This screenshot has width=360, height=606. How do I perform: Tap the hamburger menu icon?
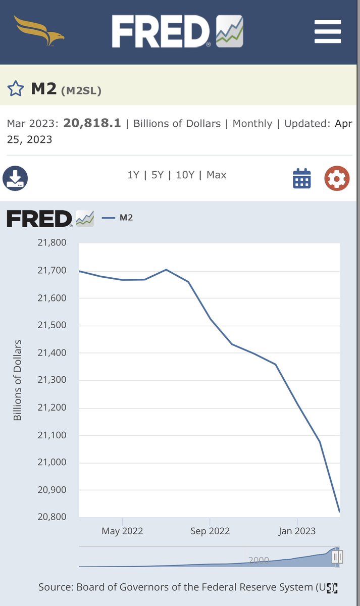328,31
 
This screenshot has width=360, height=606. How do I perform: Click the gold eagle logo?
39,31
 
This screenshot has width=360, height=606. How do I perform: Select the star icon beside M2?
16,88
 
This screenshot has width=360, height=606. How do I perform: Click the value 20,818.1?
92,123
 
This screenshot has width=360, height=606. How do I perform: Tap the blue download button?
15,178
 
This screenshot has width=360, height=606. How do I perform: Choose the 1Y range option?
133,175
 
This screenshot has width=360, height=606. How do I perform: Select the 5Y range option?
158,175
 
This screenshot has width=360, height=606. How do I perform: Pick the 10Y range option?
185,175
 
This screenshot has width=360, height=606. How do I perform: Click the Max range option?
217,175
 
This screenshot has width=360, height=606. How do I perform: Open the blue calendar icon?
302,178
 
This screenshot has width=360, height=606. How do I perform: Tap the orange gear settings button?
337,178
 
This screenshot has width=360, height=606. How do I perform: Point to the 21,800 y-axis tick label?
52,242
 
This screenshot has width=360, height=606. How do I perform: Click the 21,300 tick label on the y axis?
52,380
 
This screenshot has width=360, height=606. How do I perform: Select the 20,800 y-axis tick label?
52,517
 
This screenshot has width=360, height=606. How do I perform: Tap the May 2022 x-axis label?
122,531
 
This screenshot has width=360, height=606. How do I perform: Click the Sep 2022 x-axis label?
210,531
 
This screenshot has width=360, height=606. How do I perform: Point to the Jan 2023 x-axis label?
297,531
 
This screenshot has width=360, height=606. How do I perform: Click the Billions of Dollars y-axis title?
17,380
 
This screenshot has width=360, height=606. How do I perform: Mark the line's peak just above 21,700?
166,270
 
